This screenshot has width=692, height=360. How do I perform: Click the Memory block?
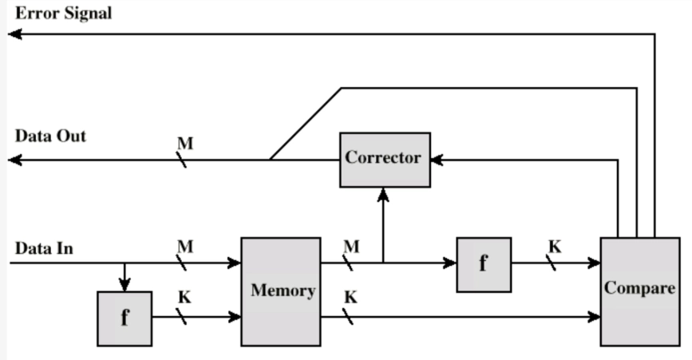(x=281, y=291)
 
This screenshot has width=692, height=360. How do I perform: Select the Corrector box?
(x=385, y=159)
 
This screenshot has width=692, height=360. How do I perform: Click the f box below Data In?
(x=125, y=318)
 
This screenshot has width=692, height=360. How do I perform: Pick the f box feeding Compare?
(x=484, y=264)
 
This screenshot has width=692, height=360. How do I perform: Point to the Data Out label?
(x=49, y=136)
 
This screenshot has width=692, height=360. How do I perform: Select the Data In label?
(x=45, y=248)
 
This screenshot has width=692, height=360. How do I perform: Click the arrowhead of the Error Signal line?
(x=14, y=34)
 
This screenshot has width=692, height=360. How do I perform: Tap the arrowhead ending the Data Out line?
(x=14, y=160)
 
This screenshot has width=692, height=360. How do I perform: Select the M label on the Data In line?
(x=184, y=247)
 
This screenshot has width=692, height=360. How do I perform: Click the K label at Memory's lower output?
(x=350, y=298)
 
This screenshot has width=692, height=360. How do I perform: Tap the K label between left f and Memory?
(x=184, y=298)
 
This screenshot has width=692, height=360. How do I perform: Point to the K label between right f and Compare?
(x=555, y=247)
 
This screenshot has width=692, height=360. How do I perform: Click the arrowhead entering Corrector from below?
(x=384, y=192)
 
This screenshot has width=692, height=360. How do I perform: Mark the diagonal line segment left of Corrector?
(x=306, y=123)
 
